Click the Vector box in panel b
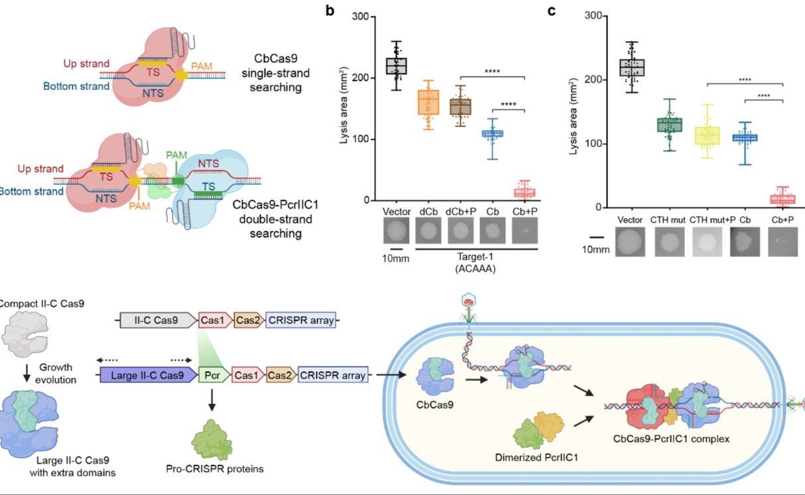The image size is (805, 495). point(397,66)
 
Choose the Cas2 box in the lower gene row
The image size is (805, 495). point(281,375)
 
